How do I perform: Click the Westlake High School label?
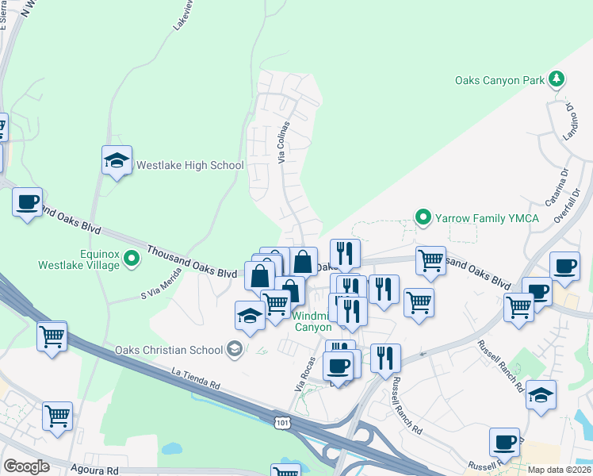click(190, 166)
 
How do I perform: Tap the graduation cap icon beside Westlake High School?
click(117, 161)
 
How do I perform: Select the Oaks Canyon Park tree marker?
click(558, 79)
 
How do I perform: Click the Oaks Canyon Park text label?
click(499, 80)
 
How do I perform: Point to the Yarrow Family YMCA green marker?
click(423, 216)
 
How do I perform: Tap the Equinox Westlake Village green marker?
click(132, 257)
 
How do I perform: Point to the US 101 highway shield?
click(283, 423)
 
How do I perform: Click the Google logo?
click(27, 466)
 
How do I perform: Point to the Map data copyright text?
click(559, 470)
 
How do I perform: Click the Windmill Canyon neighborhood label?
click(314, 321)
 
